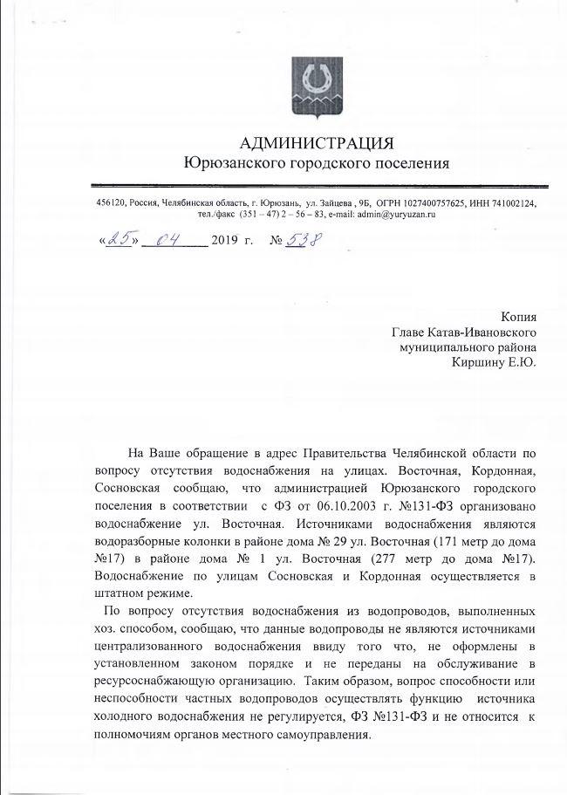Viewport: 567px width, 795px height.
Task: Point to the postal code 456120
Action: pos(111,203)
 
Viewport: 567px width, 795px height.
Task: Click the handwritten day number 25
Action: pos(117,238)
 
